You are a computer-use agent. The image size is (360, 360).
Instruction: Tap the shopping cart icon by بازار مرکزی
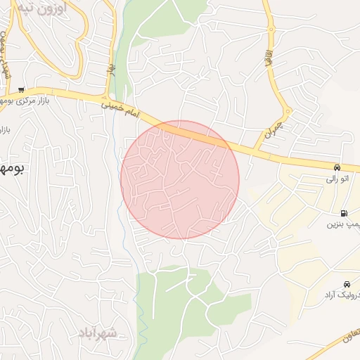point(22,89)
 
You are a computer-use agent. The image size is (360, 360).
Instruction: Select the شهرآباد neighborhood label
point(98,330)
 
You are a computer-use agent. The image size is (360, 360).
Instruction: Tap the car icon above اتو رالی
point(337,168)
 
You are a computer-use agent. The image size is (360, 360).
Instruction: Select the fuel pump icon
point(343,214)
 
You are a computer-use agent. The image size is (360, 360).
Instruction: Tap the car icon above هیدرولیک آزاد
point(347,284)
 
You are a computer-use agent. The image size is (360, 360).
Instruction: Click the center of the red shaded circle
point(180,179)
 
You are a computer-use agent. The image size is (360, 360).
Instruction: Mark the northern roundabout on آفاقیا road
point(271,29)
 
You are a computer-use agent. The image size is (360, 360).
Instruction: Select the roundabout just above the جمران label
point(287,111)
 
